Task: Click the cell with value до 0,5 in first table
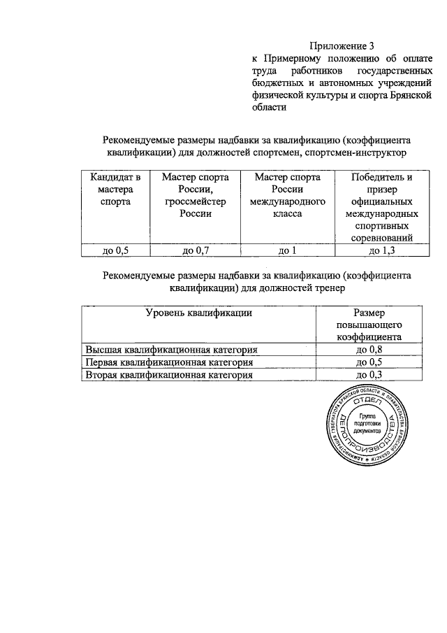pyautogui.click(x=115, y=250)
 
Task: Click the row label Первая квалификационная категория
pyautogui.click(x=168, y=362)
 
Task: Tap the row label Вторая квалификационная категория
pyautogui.click(x=168, y=375)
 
